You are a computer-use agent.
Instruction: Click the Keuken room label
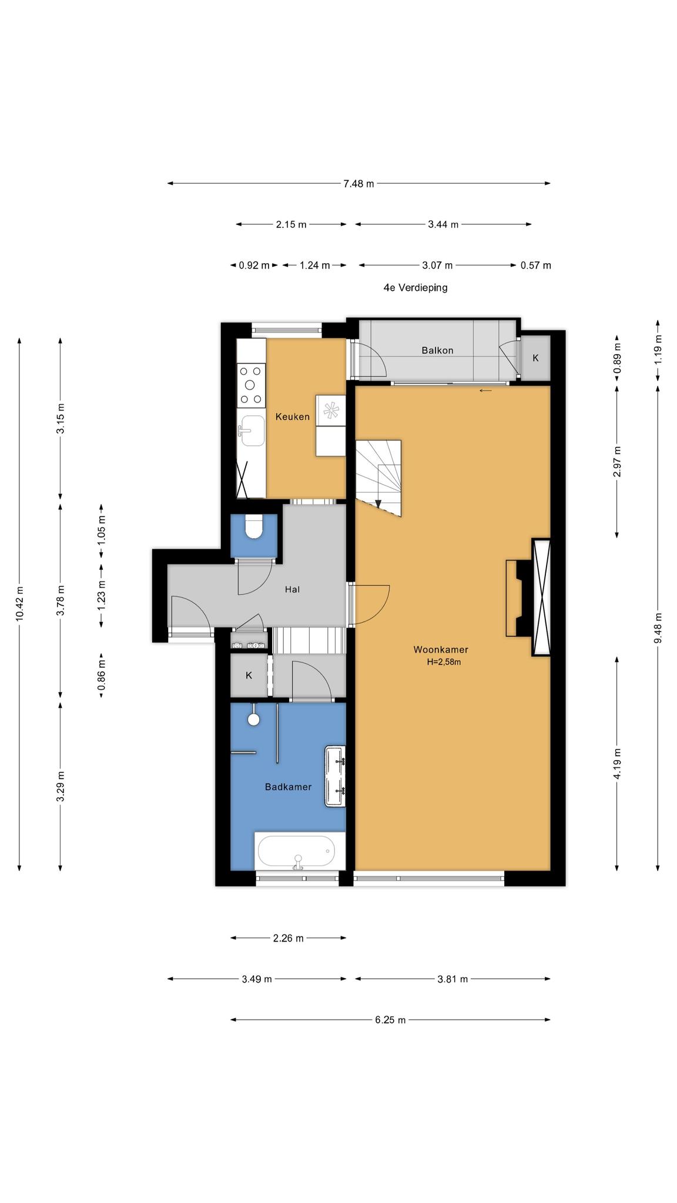click(x=292, y=417)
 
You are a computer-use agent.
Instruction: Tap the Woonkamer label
click(x=441, y=650)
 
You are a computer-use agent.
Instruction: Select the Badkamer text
click(x=288, y=787)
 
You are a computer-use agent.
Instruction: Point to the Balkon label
click(x=437, y=351)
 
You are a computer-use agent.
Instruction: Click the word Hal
click(x=292, y=589)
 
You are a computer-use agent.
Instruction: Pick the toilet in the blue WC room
click(x=254, y=527)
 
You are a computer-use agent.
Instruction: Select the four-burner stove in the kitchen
click(x=250, y=385)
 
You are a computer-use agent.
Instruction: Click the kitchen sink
click(x=251, y=431)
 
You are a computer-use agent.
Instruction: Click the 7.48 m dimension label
click(x=358, y=184)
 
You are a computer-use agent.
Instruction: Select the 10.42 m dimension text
click(x=20, y=604)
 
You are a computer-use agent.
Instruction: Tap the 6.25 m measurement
click(x=390, y=1020)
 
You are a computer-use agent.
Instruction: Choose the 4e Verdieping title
click(x=415, y=288)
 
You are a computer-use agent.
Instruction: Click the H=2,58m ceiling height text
click(x=444, y=662)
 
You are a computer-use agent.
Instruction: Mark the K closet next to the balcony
click(x=535, y=358)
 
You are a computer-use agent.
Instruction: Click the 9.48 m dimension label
click(x=658, y=628)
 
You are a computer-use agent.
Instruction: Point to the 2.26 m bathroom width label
click(x=288, y=938)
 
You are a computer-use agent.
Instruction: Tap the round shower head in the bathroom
click(x=254, y=720)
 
